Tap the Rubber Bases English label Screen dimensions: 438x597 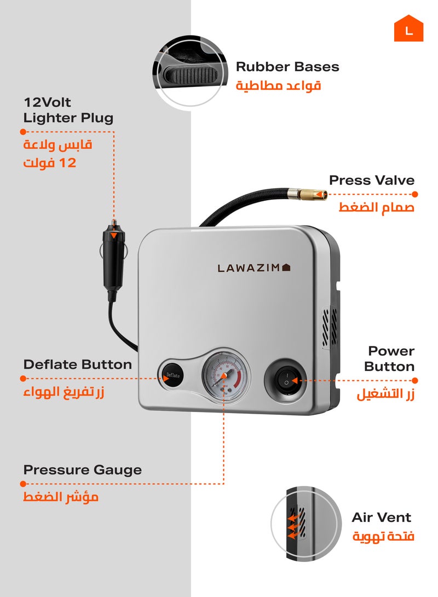point(287,67)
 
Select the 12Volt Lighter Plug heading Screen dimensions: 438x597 point(68,110)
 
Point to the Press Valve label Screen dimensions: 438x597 point(371,181)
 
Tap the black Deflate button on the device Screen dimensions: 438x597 point(171,375)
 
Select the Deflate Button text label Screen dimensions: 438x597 point(77,364)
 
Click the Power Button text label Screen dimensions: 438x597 point(390,358)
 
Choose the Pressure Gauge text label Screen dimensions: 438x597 point(82,470)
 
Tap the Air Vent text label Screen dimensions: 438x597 point(381,518)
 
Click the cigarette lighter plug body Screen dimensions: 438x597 point(113,257)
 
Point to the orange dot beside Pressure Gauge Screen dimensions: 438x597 point(23,484)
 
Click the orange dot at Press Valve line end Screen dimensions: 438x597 point(414,194)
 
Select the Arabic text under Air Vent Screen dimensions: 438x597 point(383,537)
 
